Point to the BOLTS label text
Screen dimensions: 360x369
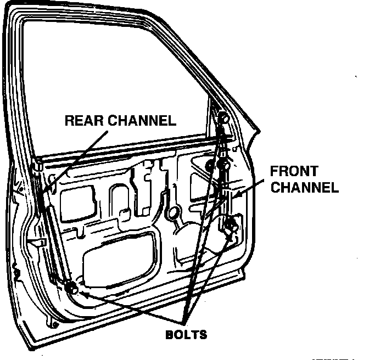point(186,334)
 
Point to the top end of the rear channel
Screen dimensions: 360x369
point(37,165)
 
